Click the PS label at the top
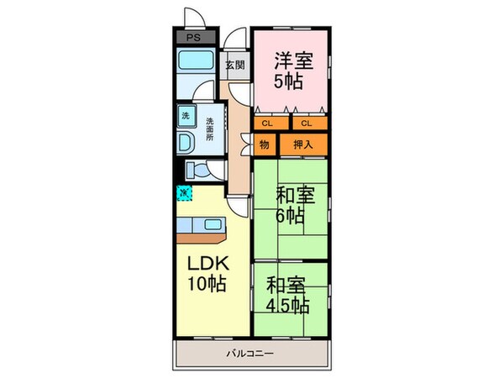point(192,38)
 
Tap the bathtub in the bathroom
point(196,62)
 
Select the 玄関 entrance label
point(235,66)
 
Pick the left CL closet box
point(267,123)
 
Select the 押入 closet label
point(303,144)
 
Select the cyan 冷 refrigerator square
point(183,193)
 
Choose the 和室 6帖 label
point(296,205)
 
